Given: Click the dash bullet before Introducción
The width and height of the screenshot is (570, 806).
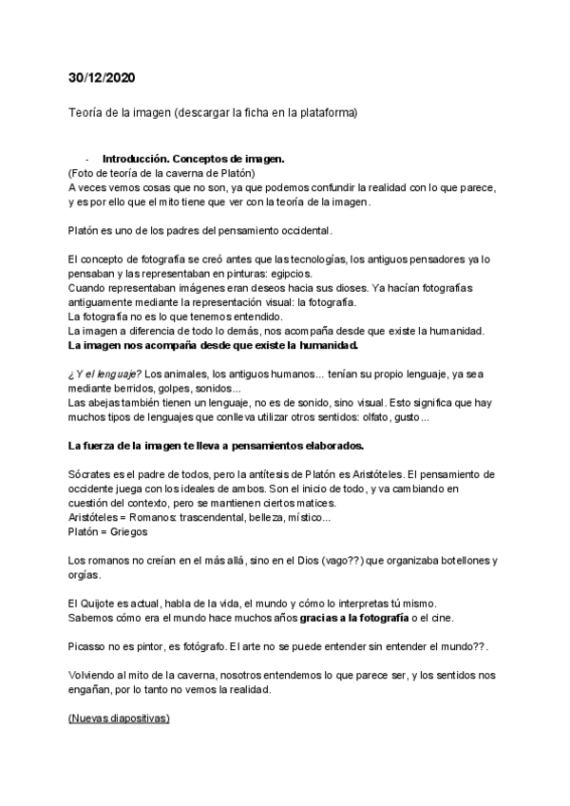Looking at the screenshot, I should tap(87, 159).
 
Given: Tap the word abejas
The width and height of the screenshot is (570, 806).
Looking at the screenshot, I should tap(109, 403).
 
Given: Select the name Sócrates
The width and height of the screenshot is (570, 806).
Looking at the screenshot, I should tap(93, 474).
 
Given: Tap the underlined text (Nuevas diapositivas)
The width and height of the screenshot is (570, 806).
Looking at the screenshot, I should tap(119, 720).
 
